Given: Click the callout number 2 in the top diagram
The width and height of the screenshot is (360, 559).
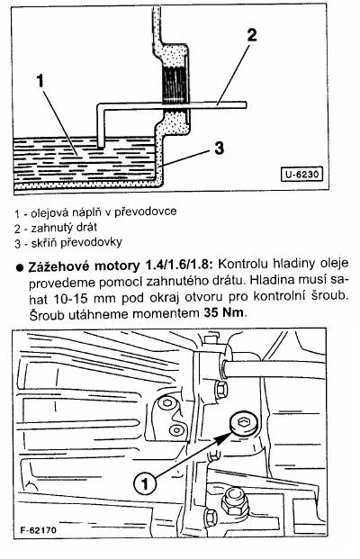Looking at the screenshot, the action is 252,35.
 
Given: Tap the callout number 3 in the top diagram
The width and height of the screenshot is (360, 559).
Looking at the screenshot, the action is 220,148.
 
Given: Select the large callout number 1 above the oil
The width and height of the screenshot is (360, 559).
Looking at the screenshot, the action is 40,81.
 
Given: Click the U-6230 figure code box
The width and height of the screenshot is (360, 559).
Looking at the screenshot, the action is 301,175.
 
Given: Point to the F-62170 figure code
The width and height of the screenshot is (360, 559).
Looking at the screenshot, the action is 39,530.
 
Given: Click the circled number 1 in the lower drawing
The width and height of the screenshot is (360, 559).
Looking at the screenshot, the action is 145,483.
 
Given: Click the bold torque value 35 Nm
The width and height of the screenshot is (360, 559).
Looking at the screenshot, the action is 224,313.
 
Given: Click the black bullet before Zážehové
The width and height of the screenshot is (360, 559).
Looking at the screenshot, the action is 21,267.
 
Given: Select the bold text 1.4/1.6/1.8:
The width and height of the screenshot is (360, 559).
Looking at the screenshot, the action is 179,266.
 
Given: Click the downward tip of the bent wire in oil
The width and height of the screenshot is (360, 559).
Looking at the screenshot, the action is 101,147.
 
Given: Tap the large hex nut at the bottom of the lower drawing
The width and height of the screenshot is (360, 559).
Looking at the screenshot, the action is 233,502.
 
